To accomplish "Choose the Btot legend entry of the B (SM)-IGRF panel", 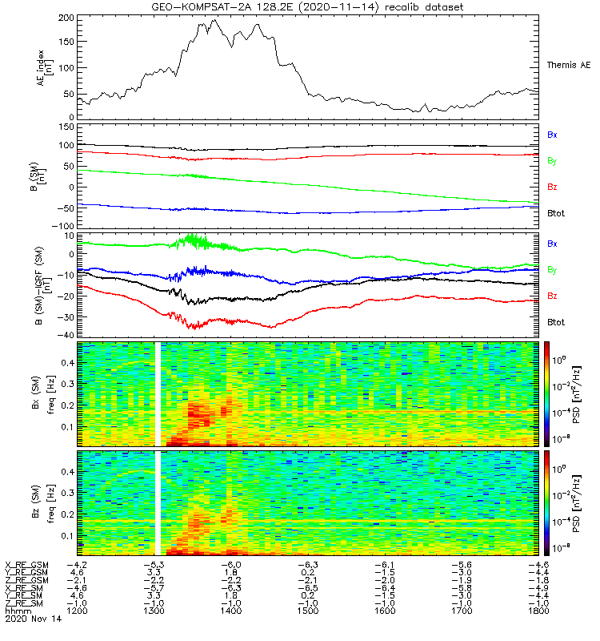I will (554, 321).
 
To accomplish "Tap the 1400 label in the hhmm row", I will (231, 611).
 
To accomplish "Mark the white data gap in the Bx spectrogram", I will (158, 393).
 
